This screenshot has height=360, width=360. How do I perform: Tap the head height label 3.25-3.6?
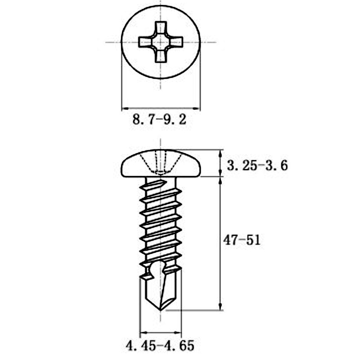click(257, 166)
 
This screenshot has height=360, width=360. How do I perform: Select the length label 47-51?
click(242, 240)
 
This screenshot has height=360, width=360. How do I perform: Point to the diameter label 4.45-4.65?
click(160, 346)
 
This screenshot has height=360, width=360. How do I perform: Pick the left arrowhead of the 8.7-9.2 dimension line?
click(124, 108)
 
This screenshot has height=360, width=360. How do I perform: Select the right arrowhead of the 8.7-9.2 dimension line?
click(198, 108)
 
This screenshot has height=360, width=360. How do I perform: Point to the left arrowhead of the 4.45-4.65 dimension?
click(143, 333)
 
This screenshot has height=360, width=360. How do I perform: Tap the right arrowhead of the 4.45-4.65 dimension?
click(179, 333)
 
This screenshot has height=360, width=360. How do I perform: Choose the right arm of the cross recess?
click(176, 42)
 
